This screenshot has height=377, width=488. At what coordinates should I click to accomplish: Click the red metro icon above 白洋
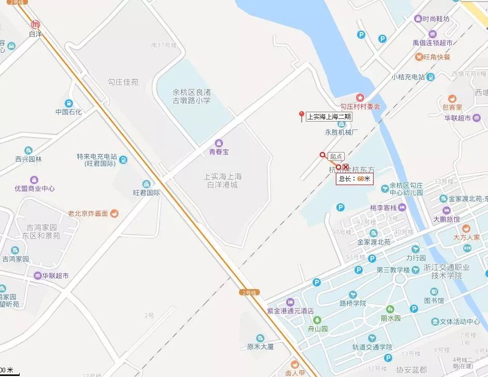(x=36, y=24)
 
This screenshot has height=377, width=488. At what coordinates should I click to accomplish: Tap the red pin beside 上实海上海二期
(x=301, y=116)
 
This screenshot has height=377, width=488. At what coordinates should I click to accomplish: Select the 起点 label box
(x=336, y=156)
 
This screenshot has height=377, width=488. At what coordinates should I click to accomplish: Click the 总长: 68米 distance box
(x=354, y=179)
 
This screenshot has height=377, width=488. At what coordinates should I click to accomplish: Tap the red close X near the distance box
(x=346, y=167)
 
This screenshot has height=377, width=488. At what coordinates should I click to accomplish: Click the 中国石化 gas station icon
(x=69, y=102)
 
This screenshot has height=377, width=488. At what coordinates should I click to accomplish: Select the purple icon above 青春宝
(x=218, y=143)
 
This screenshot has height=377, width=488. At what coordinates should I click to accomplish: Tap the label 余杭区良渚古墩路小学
(x=191, y=96)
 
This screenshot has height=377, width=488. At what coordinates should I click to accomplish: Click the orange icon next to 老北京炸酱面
(x=115, y=213)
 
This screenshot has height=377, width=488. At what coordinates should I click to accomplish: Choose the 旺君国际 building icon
(x=146, y=184)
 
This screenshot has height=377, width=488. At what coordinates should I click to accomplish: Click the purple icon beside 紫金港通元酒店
(x=290, y=302)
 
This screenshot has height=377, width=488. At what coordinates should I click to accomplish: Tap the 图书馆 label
(x=434, y=300)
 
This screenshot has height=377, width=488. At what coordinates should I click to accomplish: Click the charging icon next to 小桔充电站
(x=431, y=77)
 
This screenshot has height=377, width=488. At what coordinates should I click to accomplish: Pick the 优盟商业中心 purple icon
(x=34, y=180)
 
